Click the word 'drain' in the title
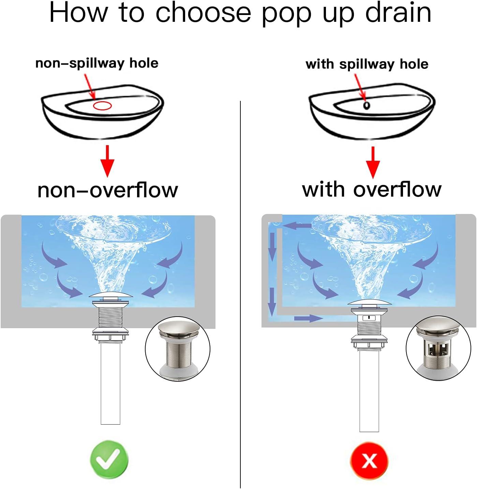click(398, 13)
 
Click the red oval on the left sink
click(102, 106)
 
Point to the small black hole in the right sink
click(367, 106)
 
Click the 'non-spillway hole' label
click(97, 63)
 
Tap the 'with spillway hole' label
click(367, 64)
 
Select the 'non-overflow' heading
click(108, 190)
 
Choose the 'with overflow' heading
click(372, 189)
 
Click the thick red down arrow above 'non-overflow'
click(107, 161)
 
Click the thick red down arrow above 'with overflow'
click(373, 162)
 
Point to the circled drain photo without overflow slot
click(178, 349)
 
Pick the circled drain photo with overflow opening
click(438, 348)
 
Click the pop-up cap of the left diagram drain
click(110, 295)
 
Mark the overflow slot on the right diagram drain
click(369, 318)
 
